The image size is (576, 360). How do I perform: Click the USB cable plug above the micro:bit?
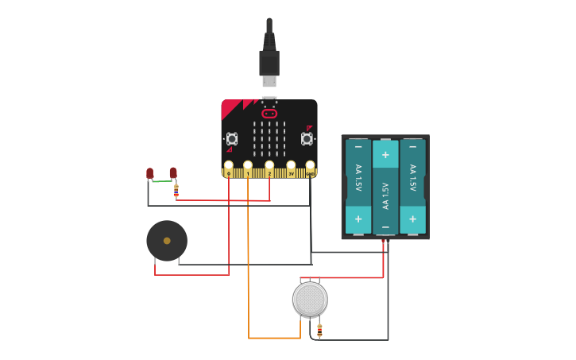(269, 64)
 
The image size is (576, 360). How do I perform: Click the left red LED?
(149, 172)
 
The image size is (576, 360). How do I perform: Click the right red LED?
(173, 172)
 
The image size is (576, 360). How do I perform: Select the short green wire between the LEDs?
(161, 181)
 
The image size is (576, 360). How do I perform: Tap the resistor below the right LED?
(176, 191)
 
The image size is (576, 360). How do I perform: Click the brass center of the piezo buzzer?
(167, 241)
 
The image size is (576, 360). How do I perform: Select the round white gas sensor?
(310, 299)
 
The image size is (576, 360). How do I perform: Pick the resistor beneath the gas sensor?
(319, 331)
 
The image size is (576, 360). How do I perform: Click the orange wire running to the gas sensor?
(249, 278)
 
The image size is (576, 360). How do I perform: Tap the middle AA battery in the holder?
(385, 188)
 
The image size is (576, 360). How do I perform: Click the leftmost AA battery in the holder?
(358, 188)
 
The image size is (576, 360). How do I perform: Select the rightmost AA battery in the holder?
(412, 188)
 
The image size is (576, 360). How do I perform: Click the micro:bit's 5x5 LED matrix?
(269, 139)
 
